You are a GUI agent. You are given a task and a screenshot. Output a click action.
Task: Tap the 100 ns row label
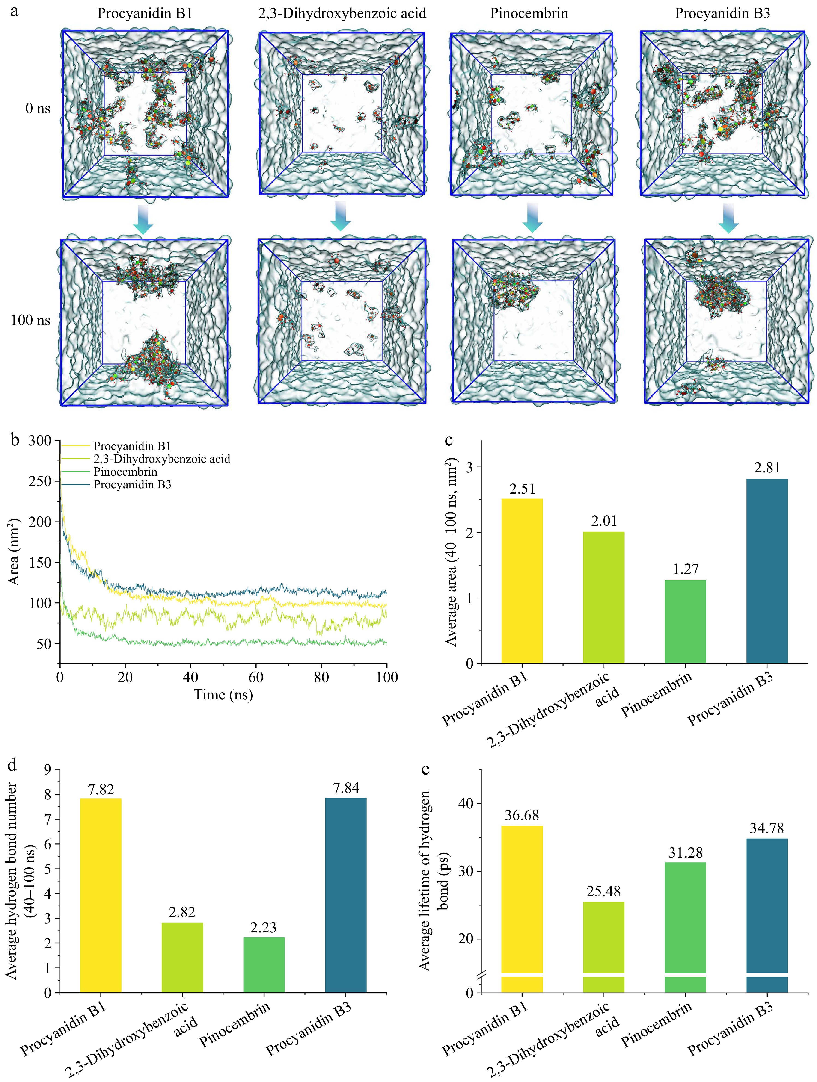[x=30, y=320]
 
